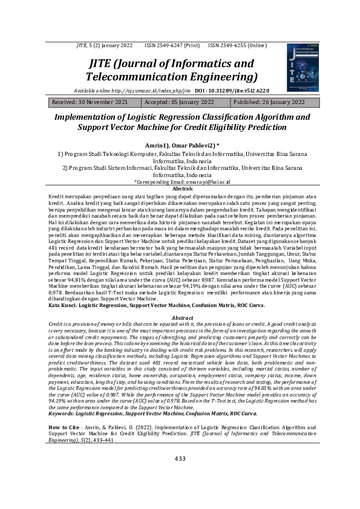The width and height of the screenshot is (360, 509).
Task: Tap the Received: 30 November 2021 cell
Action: pos(90,102)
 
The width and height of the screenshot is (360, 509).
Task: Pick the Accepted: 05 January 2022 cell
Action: pos(180,102)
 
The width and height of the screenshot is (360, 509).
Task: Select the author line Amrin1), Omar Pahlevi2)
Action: pos(180,146)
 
